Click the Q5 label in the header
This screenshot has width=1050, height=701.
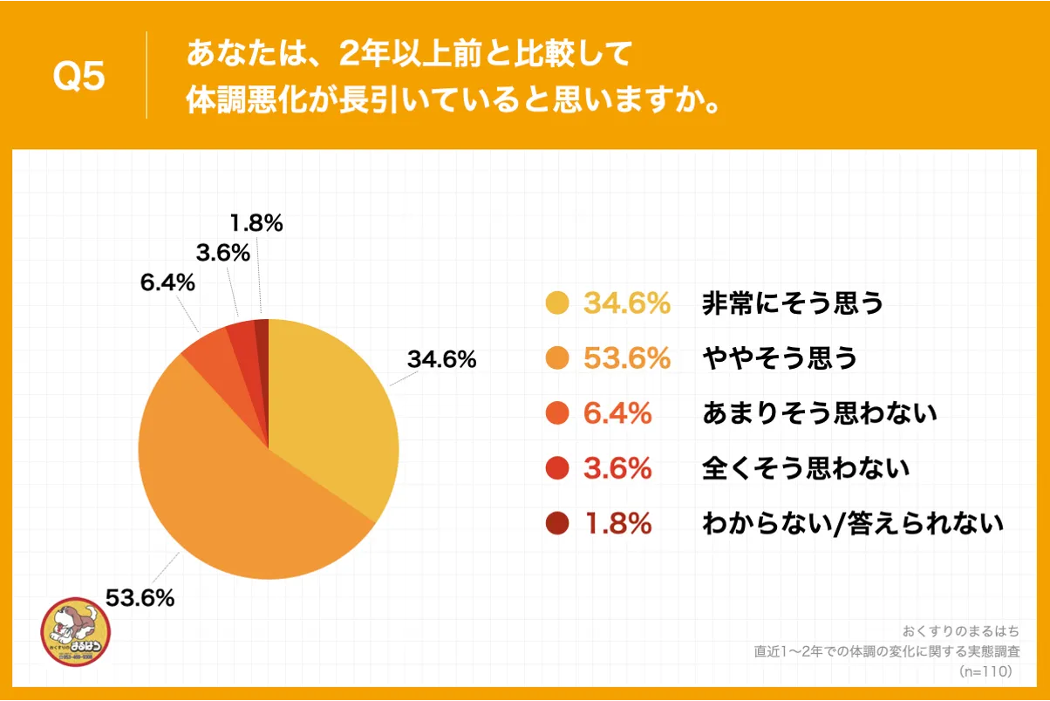click(78, 78)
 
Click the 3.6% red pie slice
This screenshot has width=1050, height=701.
click(242, 336)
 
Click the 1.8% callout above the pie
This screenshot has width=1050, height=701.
click(256, 223)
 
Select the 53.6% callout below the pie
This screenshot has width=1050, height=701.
click(140, 598)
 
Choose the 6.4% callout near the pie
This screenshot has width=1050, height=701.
click(166, 283)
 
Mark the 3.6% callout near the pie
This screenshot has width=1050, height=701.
click(222, 254)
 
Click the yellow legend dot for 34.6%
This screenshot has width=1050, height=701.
click(556, 303)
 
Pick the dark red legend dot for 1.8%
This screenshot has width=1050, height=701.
click(556, 523)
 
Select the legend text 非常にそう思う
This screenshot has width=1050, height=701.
click(793, 303)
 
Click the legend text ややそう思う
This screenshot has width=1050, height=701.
click(780, 358)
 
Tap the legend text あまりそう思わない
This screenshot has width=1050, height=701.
click(819, 413)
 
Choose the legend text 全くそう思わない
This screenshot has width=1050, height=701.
click(806, 468)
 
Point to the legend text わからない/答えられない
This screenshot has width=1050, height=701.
click(853, 523)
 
